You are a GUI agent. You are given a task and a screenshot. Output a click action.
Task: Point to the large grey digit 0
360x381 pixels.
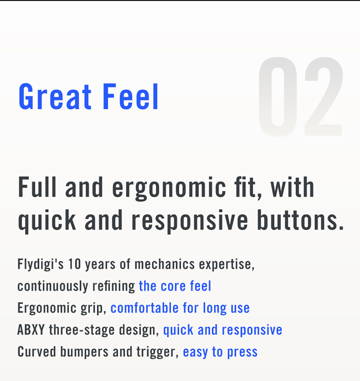[x=278, y=97]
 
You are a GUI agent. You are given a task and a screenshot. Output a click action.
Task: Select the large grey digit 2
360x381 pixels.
[x=323, y=97]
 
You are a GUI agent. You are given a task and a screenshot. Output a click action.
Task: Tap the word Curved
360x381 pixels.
[x=36, y=352]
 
